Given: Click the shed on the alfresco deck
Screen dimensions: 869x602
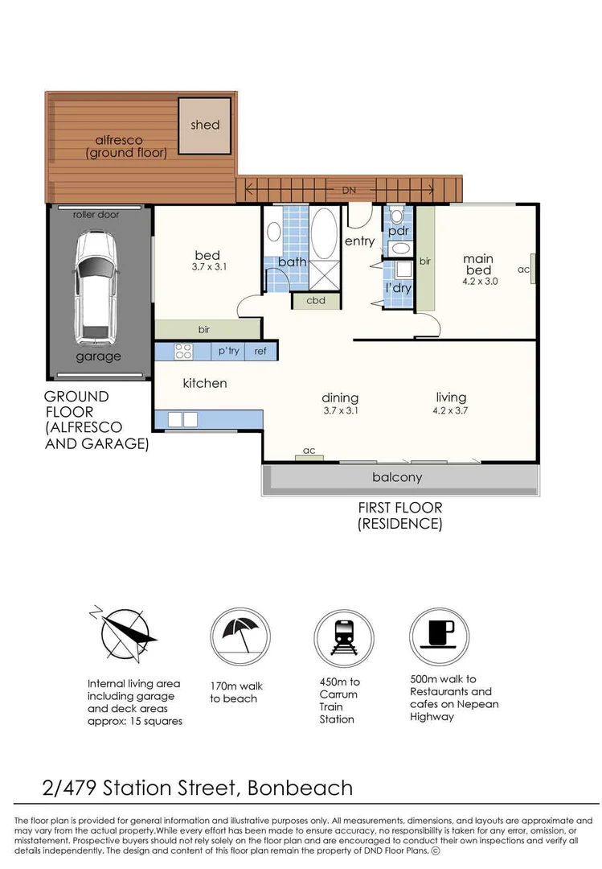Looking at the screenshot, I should coord(205,126).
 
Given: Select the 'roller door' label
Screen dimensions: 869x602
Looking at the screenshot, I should coord(96,215).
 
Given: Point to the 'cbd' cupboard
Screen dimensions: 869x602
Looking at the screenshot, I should coord(315,301).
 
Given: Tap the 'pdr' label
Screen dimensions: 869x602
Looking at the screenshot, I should coord(399,231).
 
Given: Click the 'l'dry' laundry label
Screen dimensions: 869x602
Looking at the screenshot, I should coord(398,287).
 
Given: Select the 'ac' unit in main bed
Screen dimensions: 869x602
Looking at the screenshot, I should coord(530,270).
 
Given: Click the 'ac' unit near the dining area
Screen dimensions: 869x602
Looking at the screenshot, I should coord(309,452).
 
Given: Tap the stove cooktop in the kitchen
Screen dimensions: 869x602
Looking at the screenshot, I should coord(183,351).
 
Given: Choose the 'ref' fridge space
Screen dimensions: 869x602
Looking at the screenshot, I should coord(260,351).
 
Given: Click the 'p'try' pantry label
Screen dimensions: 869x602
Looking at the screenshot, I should coord(228,351).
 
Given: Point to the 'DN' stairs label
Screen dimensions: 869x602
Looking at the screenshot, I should coord(347,190).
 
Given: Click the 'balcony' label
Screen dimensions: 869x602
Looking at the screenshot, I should coord(397,477).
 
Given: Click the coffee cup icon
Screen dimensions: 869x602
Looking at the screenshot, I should coord(439,635).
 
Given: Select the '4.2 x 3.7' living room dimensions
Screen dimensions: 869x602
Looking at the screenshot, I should coord(451,410).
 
